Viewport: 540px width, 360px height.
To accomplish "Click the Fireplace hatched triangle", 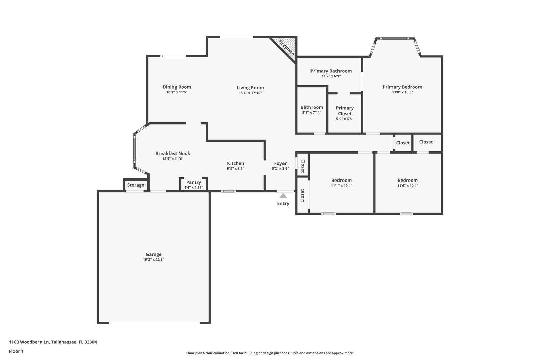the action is pyautogui.click(x=287, y=46).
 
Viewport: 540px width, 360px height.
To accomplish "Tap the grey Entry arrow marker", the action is pyautogui.click(x=283, y=196).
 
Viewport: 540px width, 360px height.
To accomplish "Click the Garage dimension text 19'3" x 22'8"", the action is pyautogui.click(x=154, y=259).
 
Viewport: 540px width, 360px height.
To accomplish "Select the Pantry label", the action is pyautogui.click(x=194, y=182).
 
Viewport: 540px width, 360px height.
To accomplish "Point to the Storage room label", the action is pyautogui.click(x=136, y=185).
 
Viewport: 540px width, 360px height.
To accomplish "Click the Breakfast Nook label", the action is pyautogui.click(x=173, y=153).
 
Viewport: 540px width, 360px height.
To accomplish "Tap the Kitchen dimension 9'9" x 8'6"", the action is pyautogui.click(x=236, y=168).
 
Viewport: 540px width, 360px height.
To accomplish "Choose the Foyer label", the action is pyautogui.click(x=280, y=163).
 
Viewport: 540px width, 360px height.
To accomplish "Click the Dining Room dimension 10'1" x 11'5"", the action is pyautogui.click(x=177, y=92).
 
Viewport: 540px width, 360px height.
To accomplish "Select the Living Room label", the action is pyautogui.click(x=250, y=88).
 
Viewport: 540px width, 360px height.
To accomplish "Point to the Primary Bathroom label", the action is pyautogui.click(x=331, y=71).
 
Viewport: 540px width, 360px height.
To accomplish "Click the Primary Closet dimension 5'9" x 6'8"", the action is pyautogui.click(x=345, y=119).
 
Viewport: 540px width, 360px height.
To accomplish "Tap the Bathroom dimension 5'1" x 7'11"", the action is pyautogui.click(x=312, y=112).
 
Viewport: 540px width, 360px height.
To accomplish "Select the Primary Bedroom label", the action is pyautogui.click(x=402, y=87).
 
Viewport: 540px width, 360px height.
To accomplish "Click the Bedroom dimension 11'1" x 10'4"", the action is pyautogui.click(x=342, y=186).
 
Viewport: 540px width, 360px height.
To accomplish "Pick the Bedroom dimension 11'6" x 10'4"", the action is pyautogui.click(x=408, y=186).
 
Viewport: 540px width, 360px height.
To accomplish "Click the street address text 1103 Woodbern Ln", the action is pyautogui.click(x=29, y=342).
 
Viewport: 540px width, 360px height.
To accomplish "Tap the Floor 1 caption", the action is pyautogui.click(x=16, y=351).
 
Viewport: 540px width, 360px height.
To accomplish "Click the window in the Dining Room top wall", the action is pyautogui.click(x=173, y=56).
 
